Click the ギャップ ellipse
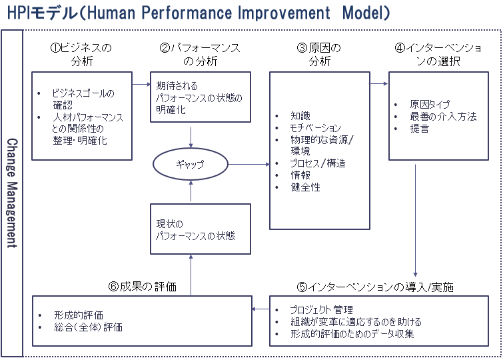pos(154,164)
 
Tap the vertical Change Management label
pos(12,193)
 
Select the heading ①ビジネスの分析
pos(81,54)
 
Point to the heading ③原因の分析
pos(319,54)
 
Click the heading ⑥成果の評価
pos(143,287)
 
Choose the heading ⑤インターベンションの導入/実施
pos(375,287)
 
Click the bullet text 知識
pos(300,115)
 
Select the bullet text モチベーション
pos(315,128)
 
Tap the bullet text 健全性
pos(305,187)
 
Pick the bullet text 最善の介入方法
pos(443,116)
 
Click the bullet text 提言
pos(420,129)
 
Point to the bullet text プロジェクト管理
pos(321,309)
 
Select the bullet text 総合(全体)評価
pos(88,327)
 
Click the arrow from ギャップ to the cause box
pos(249,165)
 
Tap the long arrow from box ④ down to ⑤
pos(416,220)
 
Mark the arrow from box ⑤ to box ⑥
pos(260,309)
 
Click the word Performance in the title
pos(187,13)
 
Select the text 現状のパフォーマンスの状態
pos(195,230)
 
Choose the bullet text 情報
pos(300,175)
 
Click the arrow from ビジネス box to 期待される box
pos(141,84)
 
